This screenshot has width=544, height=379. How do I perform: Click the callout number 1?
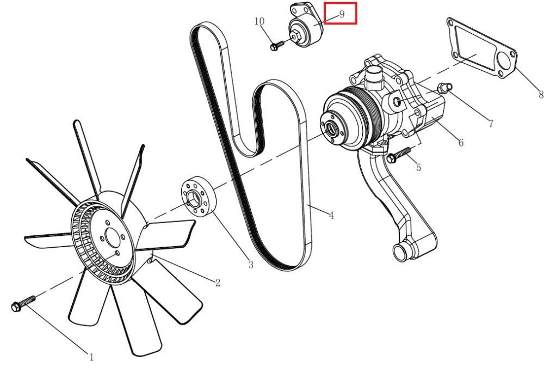pos(91,357)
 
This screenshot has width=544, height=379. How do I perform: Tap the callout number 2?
pos(218,283)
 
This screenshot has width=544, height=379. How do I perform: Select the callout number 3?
pos(251,265)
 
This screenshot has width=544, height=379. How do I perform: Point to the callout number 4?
pos(331,216)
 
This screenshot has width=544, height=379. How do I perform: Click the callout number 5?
pos(419,167)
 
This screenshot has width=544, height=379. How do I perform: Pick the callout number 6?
pos(461,143)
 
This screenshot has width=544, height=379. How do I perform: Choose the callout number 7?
pos(491,124)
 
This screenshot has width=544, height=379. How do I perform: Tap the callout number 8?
pos(541,94)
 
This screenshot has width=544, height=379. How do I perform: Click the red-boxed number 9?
pos(342,14)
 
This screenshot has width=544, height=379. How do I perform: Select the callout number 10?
pos(259,21)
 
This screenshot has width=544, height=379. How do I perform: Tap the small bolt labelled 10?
pos(277,46)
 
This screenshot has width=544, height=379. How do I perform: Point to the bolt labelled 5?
pos(398,155)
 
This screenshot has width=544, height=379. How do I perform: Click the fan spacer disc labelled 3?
pos(199,197)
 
